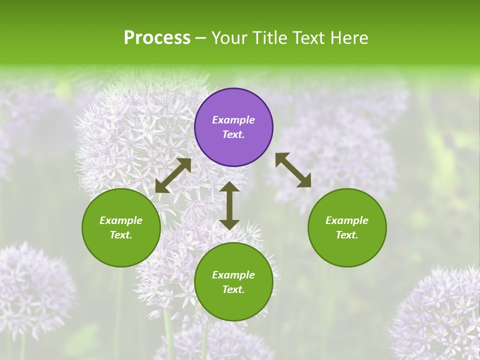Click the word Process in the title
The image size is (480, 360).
click(157, 38)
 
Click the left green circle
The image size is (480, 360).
click(121, 227)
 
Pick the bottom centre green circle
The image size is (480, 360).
click(233, 282)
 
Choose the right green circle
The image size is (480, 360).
click(347, 227)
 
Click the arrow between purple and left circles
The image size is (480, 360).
click(173, 175)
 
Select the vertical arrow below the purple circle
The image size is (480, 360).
click(229, 205)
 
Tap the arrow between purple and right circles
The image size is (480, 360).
click(293, 170)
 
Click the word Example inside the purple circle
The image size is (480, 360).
click(233, 120)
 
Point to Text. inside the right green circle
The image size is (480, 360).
click(347, 235)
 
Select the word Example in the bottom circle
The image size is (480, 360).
click(233, 275)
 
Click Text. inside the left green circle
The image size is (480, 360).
click(121, 235)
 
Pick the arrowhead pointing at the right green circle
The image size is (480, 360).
click(304, 181)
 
